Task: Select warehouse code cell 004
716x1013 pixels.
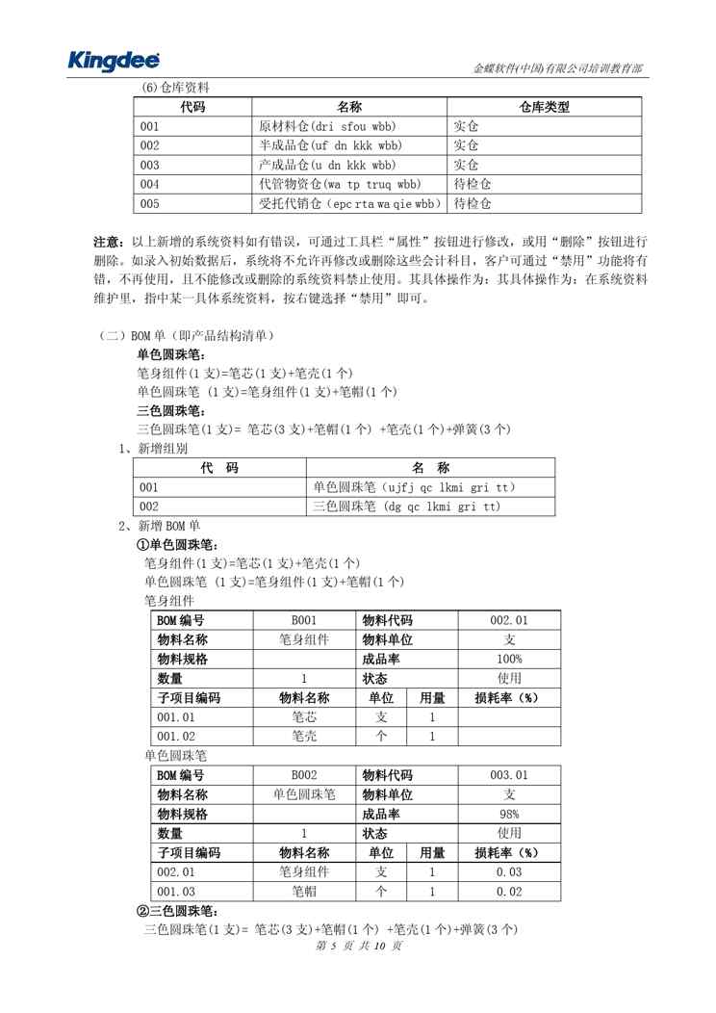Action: click(x=150, y=184)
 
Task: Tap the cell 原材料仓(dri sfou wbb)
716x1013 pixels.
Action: click(x=328, y=126)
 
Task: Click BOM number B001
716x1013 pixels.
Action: click(x=303, y=620)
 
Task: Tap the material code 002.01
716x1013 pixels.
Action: click(x=509, y=620)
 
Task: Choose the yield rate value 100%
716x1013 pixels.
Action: click(x=509, y=659)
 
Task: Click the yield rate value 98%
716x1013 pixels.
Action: click(x=509, y=814)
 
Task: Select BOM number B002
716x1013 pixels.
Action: click(x=303, y=775)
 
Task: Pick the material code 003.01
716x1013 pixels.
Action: click(x=509, y=775)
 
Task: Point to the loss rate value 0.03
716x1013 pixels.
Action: click(x=509, y=871)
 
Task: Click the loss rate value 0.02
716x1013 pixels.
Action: click(x=509, y=892)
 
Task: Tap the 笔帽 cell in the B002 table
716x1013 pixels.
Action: click(x=303, y=892)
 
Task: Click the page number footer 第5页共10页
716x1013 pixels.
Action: click(x=357, y=947)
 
